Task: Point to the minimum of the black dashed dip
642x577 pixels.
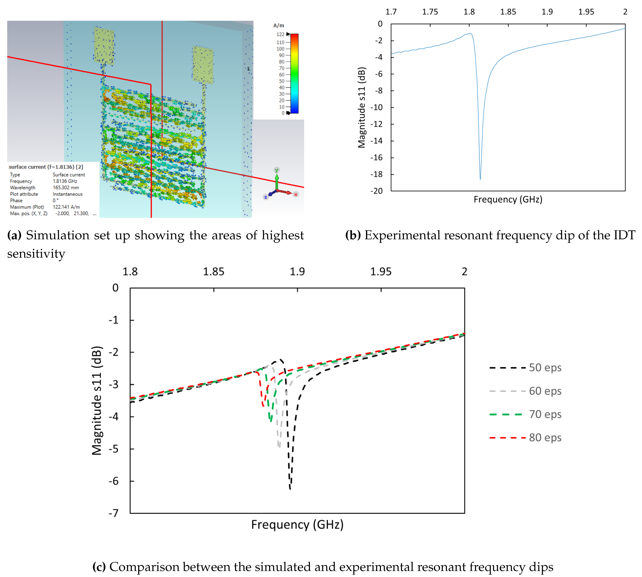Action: click(x=290, y=488)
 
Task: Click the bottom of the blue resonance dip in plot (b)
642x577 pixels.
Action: click(x=480, y=179)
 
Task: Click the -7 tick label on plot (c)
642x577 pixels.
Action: click(x=113, y=513)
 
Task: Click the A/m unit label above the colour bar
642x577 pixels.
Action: click(x=279, y=25)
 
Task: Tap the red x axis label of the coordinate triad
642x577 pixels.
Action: click(x=296, y=194)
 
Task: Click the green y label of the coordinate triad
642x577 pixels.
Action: click(x=277, y=170)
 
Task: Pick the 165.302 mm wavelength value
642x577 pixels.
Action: click(x=66, y=188)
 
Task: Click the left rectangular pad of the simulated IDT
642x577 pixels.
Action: click(x=104, y=46)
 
